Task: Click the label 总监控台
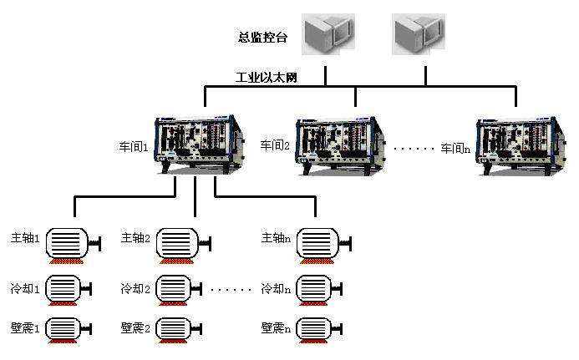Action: [262, 38]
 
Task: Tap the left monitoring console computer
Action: [327, 34]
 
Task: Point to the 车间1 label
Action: [134, 146]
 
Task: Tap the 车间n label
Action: [456, 148]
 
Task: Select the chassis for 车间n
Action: [518, 144]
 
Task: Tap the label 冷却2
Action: [135, 289]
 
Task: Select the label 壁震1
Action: [25, 327]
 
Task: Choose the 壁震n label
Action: [276, 327]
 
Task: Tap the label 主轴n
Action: [276, 238]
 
